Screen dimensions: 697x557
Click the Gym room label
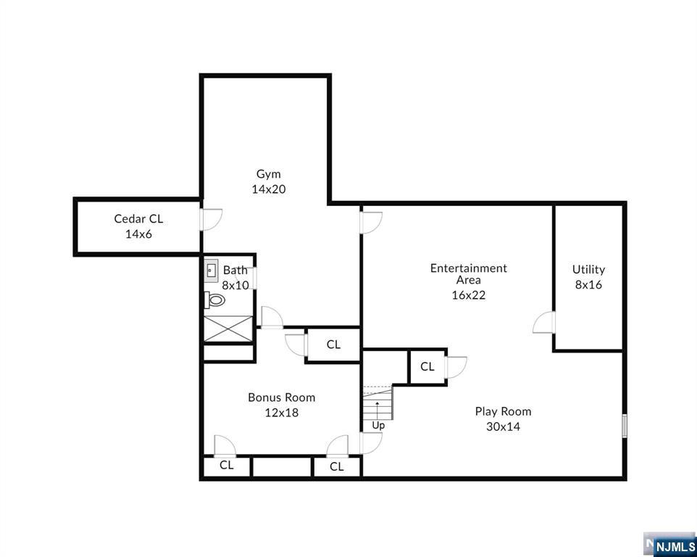[x=269, y=174]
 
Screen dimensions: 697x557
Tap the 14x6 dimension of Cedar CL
[x=138, y=234]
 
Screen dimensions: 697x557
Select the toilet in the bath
[x=214, y=300]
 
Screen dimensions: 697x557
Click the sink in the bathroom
[x=211, y=270]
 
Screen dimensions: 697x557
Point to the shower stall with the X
[x=228, y=329]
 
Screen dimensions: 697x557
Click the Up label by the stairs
[x=378, y=426]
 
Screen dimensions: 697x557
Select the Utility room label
[x=588, y=270]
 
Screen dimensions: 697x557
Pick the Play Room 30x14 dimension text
[x=504, y=426]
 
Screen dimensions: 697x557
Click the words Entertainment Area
[x=469, y=274]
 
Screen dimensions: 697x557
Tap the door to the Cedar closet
[x=210, y=219]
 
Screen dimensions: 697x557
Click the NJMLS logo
[x=670, y=544]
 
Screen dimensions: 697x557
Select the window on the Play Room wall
[x=625, y=426]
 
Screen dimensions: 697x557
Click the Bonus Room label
[x=282, y=397]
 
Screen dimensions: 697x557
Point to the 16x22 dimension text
[x=469, y=295]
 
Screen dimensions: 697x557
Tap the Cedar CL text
[x=138, y=219]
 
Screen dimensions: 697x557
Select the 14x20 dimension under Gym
[x=269, y=189]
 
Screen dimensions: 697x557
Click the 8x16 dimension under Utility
[x=588, y=285]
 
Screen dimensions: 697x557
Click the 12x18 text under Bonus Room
[x=282, y=413]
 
